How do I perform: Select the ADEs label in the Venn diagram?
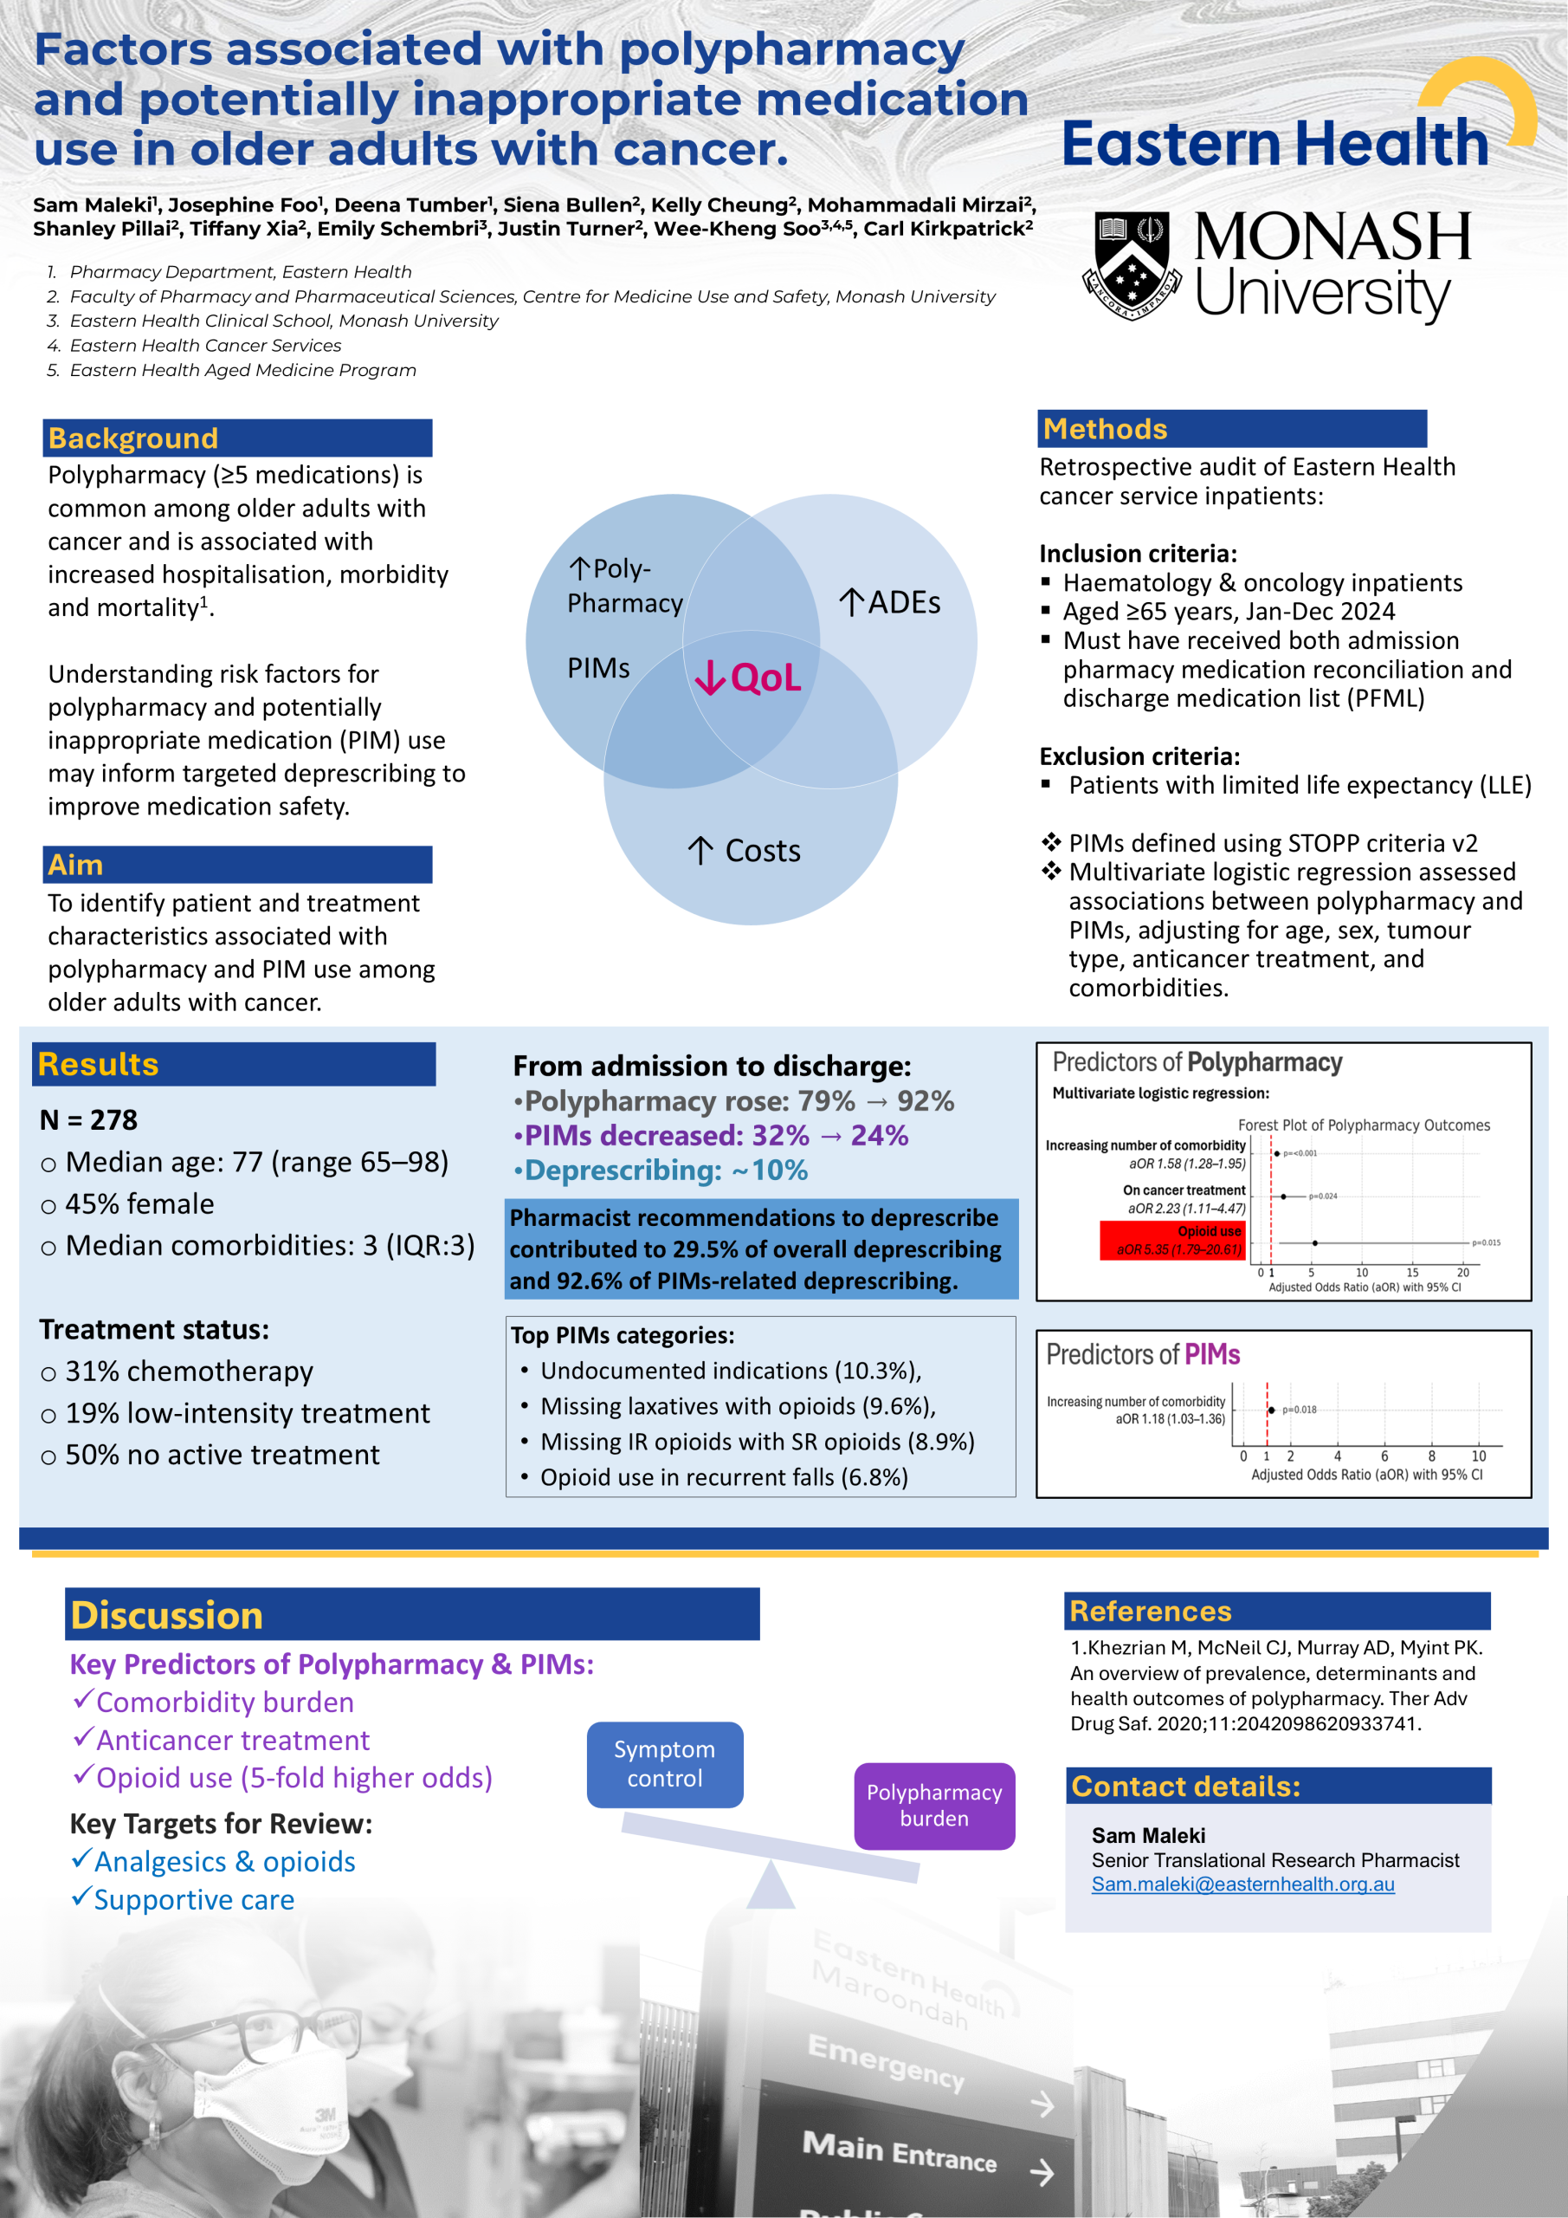click(889, 603)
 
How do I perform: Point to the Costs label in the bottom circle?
click(745, 851)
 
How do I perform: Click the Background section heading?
click(133, 438)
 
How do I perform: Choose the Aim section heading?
click(75, 865)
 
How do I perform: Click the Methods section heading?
click(1105, 429)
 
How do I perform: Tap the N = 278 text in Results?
click(89, 1119)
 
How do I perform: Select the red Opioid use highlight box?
click(1172, 1241)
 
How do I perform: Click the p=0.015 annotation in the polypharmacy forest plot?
click(1486, 1242)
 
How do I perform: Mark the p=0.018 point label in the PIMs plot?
click(1300, 1410)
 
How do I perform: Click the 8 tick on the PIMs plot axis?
click(1431, 1456)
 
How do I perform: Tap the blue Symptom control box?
click(664, 1764)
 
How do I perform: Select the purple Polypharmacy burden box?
click(933, 1806)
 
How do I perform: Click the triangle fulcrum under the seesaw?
click(771, 1888)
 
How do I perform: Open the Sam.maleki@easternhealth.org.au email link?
click(1242, 1884)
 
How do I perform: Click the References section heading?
click(1150, 1612)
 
